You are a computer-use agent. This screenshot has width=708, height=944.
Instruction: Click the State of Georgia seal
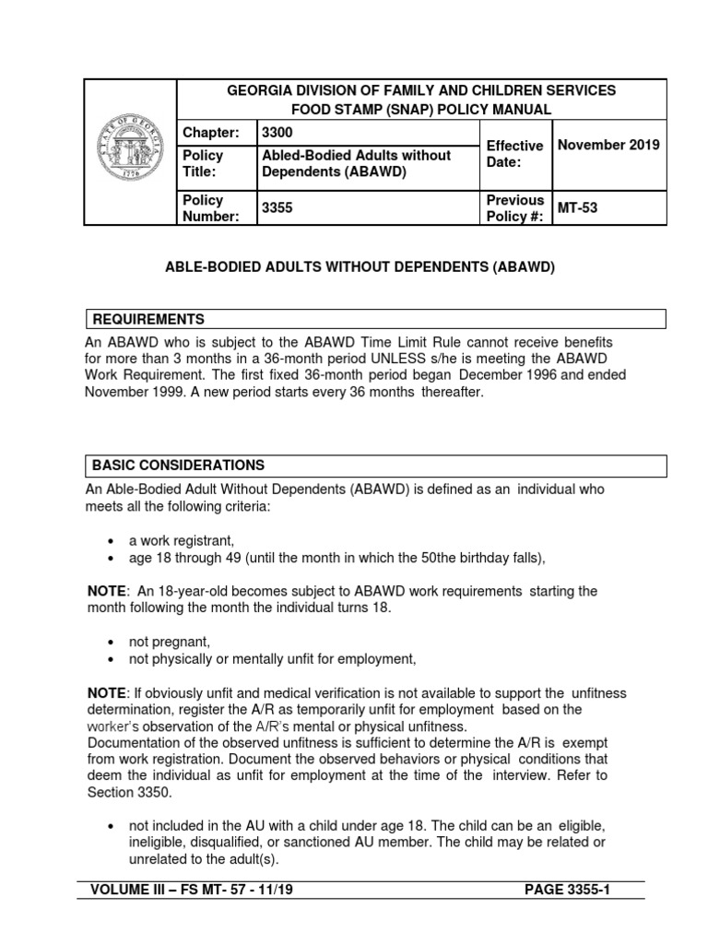(x=130, y=152)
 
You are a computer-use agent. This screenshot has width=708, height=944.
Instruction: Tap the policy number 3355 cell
(x=277, y=208)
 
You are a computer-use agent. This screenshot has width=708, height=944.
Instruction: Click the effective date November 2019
(x=607, y=146)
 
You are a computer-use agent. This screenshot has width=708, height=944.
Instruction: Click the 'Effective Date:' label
(x=514, y=154)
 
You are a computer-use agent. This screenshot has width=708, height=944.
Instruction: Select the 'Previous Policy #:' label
(x=514, y=208)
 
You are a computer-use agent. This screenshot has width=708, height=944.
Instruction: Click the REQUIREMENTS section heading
(x=147, y=319)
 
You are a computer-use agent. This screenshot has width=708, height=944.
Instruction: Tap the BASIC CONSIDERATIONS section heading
(x=177, y=465)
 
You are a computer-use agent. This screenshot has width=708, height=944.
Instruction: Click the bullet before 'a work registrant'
(x=111, y=542)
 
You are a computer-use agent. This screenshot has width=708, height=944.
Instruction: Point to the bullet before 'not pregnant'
(x=111, y=642)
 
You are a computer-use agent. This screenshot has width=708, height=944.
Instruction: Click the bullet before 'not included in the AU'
(x=111, y=825)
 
